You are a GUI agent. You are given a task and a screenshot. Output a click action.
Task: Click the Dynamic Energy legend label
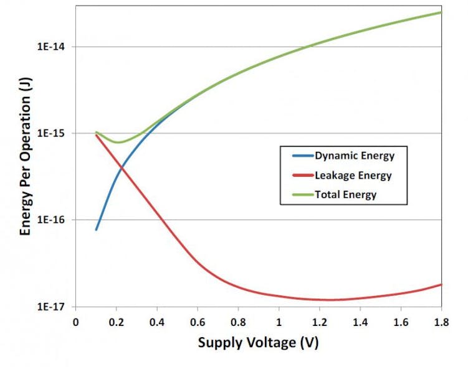(355, 156)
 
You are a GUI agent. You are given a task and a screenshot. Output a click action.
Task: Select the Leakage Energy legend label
(353, 175)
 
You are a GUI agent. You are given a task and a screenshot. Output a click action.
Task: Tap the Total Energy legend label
(346, 195)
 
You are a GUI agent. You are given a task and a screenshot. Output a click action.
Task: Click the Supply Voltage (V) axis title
(259, 343)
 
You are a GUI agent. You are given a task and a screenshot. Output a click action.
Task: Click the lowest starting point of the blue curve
(96, 230)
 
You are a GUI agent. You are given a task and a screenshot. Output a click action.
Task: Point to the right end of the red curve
(441, 284)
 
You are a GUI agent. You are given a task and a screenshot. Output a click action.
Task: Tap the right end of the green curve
(441, 12)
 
